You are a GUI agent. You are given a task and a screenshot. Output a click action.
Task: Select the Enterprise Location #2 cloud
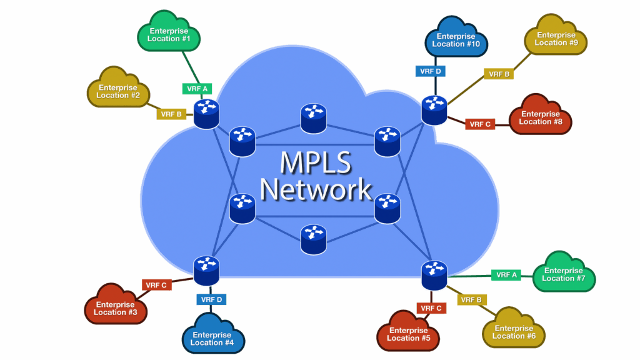click(x=117, y=92)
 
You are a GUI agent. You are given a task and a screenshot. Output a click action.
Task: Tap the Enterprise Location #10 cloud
click(x=457, y=41)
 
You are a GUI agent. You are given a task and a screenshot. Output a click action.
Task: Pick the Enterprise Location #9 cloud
click(x=556, y=39)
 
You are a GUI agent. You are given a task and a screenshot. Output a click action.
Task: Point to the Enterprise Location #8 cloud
click(x=540, y=118)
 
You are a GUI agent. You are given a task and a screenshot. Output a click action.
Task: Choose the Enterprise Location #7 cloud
click(x=563, y=274)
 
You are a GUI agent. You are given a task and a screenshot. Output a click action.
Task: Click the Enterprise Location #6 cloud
click(x=514, y=331)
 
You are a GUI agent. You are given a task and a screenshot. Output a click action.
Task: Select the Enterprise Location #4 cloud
click(x=212, y=338)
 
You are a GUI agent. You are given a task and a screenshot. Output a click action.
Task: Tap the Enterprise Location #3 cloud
click(x=116, y=308)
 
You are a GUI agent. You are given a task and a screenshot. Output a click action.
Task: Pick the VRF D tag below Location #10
click(x=430, y=71)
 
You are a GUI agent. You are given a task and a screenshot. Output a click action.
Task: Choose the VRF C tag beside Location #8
click(x=479, y=124)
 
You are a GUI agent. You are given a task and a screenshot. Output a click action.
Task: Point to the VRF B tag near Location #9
click(x=498, y=74)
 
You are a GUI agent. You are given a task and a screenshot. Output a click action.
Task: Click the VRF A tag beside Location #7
click(x=506, y=274)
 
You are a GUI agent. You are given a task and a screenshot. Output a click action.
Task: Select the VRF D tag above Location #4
click(x=212, y=299)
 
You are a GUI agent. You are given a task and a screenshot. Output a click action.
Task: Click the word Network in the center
click(x=316, y=189)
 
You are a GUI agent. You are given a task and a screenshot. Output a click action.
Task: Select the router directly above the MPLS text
click(x=313, y=118)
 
